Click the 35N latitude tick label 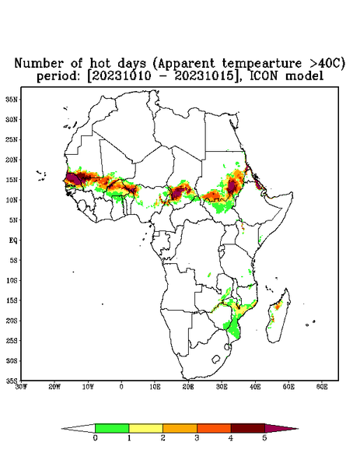point(12,99)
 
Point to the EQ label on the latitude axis point(12,240)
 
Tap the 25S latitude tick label point(12,340)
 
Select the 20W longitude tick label point(54,387)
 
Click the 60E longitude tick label point(322,387)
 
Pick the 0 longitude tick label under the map point(121,387)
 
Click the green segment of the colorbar point(112,428)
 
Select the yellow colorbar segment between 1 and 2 point(145,428)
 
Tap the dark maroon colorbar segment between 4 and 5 point(248,428)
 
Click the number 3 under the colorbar point(197,438)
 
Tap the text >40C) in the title point(323,64)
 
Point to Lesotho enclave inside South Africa point(216,359)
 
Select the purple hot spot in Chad point(177,192)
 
